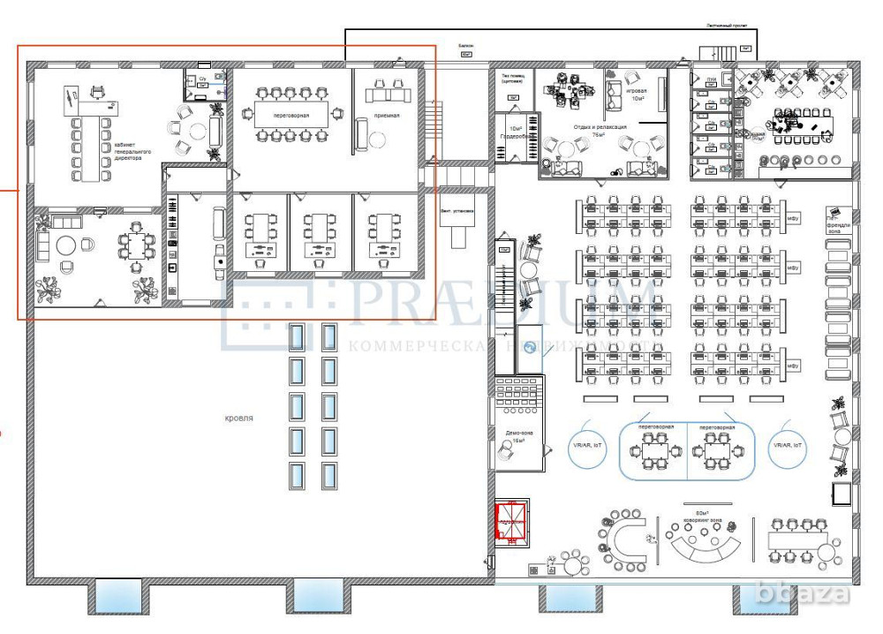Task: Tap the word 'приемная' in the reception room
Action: pyautogui.click(x=385, y=115)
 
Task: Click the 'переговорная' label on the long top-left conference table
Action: pyautogui.click(x=291, y=115)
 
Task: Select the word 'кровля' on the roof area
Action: pyautogui.click(x=239, y=418)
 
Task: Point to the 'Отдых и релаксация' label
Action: pyautogui.click(x=600, y=127)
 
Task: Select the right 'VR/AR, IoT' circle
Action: pyautogui.click(x=788, y=448)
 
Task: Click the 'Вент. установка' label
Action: pyautogui.click(x=457, y=212)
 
